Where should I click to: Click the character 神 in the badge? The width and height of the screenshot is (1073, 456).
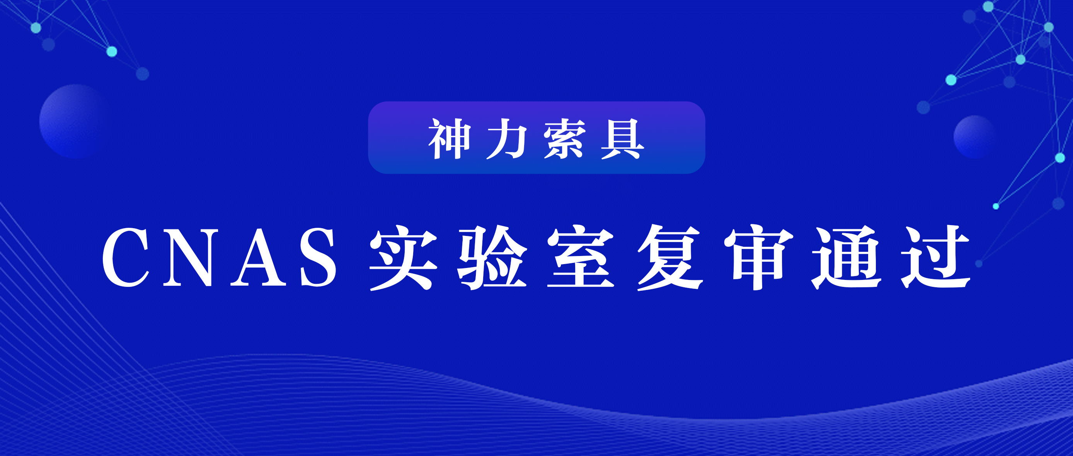(x=450, y=139)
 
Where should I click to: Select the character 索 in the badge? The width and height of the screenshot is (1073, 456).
(x=564, y=139)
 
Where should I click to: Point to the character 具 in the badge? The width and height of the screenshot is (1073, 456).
(x=622, y=139)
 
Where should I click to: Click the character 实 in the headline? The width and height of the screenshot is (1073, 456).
(x=403, y=257)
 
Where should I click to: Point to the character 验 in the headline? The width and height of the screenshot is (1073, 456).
(x=492, y=257)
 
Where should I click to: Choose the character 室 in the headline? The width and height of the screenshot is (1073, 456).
(x=581, y=257)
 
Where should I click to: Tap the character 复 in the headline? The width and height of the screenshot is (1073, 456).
(x=670, y=257)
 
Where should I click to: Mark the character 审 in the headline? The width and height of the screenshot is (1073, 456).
(x=759, y=257)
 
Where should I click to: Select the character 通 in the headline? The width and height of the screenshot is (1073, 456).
(x=847, y=257)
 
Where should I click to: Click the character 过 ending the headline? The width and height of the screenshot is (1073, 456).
(x=936, y=257)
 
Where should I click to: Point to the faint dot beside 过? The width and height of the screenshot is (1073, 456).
(x=979, y=263)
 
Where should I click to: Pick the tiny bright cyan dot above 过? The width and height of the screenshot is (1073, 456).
(x=996, y=206)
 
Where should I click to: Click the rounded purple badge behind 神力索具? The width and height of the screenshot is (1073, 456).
(x=536, y=138)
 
